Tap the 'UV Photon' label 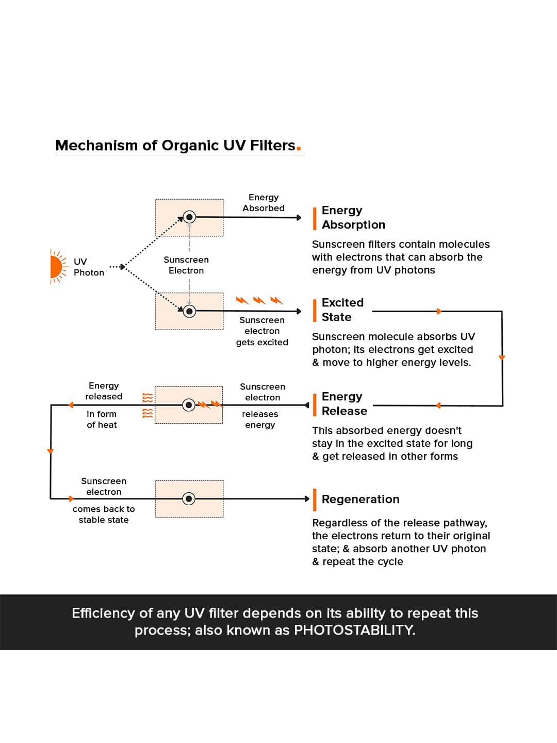point(88,267)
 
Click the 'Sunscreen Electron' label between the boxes point(186,265)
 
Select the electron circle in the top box point(189,217)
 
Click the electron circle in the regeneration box point(189,498)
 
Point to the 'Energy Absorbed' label point(264,203)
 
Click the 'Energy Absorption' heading point(353,217)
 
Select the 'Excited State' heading point(342,310)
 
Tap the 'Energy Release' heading point(344,403)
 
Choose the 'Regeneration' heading point(361,499)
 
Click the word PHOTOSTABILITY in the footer point(354,630)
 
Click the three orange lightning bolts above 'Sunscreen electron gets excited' point(259,300)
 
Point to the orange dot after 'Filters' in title point(299,150)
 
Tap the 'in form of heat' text point(102,419)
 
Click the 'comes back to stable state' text point(104,514)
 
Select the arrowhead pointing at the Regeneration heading point(307,498)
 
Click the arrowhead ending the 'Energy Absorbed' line point(299,218)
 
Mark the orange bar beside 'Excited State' point(315,310)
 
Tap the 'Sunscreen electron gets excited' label point(262,331)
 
